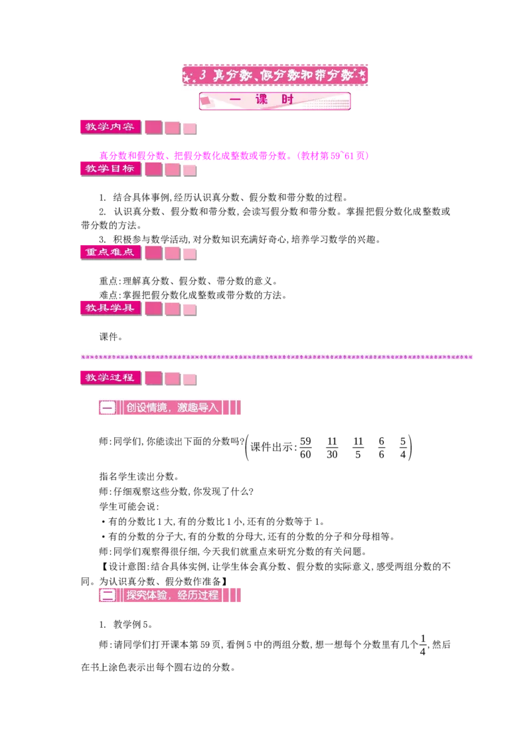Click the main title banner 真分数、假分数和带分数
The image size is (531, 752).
[x=275, y=75]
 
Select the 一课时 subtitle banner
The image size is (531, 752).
[x=275, y=101]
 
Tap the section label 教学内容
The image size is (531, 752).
[x=110, y=127]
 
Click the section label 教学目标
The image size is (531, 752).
[x=110, y=169]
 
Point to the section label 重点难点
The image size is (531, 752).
[x=110, y=252]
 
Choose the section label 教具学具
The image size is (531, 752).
[x=110, y=308]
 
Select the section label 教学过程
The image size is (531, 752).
[x=110, y=378]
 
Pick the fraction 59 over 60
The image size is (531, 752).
[x=305, y=448]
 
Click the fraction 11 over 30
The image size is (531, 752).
[x=332, y=448]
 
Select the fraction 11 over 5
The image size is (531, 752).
[x=358, y=448]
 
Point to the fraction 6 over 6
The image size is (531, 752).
[x=382, y=448]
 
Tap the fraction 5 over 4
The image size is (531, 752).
[x=403, y=448]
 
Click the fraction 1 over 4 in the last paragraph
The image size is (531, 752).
[x=423, y=645]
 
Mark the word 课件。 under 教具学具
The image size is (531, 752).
[x=112, y=337]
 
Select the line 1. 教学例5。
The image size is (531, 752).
[x=126, y=624]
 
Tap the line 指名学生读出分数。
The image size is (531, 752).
[x=139, y=476]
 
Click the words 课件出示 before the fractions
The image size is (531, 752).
[x=271, y=447]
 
